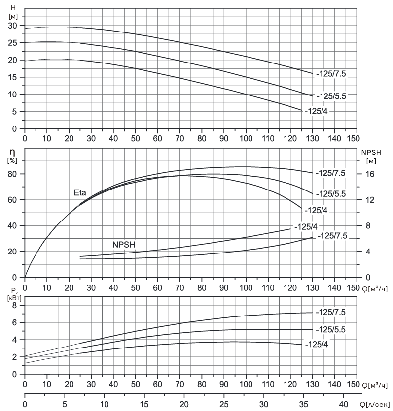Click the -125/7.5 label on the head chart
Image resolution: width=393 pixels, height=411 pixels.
pyautogui.click(x=331, y=74)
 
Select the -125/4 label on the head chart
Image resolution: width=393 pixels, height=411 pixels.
pyautogui.click(x=317, y=111)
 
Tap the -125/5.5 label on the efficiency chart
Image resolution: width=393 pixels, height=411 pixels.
pyautogui.click(x=331, y=194)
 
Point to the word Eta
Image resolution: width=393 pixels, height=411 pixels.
pyautogui.click(x=80, y=193)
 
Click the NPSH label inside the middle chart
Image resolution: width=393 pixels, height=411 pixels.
pyautogui.click(x=124, y=245)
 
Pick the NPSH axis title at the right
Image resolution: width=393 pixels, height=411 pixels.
pyautogui.click(x=371, y=152)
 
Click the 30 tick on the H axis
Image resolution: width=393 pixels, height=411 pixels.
pyautogui.click(x=13, y=26)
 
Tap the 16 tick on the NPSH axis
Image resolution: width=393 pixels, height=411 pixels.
pyautogui.click(x=370, y=174)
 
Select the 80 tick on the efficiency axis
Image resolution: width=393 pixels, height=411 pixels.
pyautogui.click(x=12, y=174)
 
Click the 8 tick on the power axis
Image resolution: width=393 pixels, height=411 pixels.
pyautogui.click(x=14, y=305)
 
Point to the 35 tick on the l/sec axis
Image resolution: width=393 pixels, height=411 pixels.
pyautogui.click(x=303, y=404)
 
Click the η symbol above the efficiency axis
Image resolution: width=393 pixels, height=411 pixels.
pyautogui.click(x=12, y=152)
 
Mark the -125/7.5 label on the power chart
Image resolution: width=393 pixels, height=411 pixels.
pyautogui.click(x=330, y=312)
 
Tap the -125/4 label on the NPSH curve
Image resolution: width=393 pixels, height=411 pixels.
pyautogui.click(x=306, y=227)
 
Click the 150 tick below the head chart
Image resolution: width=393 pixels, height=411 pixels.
pyautogui.click(x=353, y=138)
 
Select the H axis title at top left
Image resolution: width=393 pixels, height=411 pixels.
pyautogui.click(x=13, y=8)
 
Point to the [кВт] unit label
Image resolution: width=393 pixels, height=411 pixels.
pyautogui.click(x=15, y=298)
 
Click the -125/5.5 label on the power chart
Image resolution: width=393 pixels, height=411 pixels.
pyautogui.click(x=330, y=329)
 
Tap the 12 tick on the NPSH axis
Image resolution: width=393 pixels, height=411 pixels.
pyautogui.click(x=370, y=200)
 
